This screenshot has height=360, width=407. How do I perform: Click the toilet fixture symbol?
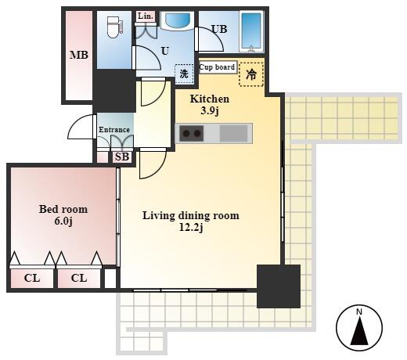click(x=114, y=27)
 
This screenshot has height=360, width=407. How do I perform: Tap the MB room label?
click(x=79, y=55)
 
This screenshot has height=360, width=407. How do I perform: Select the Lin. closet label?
click(x=145, y=16)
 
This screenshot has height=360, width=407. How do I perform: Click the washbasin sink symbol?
click(x=178, y=20)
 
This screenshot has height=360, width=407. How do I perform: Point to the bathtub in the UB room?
click(x=251, y=31)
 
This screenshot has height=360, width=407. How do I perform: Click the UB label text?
click(x=219, y=29)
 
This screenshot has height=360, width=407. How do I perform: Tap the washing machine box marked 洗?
click(x=184, y=74)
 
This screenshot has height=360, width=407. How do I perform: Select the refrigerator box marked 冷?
click(x=251, y=74)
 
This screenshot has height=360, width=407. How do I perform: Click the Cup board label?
click(x=217, y=67)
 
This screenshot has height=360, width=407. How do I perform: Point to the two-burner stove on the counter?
click(x=192, y=133)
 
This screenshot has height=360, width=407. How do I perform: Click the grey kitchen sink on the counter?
click(x=233, y=133)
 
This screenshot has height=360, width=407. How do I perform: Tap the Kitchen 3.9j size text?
click(x=210, y=111)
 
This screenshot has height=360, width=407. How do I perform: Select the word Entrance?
click(x=114, y=130)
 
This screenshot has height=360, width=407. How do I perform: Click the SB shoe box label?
click(x=122, y=157)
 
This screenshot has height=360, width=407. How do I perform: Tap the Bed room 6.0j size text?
click(x=63, y=221)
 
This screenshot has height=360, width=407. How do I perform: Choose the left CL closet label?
click(x=32, y=278)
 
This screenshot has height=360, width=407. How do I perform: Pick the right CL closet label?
click(x=79, y=278)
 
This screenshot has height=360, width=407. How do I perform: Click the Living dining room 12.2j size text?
click(x=191, y=228)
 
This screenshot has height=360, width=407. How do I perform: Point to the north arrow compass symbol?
click(x=359, y=328)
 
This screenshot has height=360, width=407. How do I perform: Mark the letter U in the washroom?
click(x=165, y=51)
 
